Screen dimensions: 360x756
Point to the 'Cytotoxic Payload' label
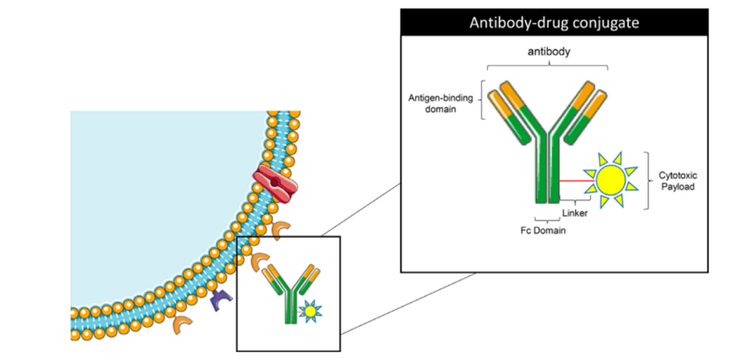[679, 181]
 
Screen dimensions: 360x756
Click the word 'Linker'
[574, 211]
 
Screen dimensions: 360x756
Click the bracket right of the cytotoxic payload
[647, 181]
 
